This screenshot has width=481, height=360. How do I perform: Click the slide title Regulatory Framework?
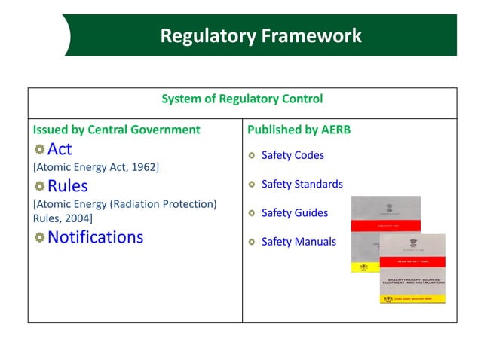click(x=261, y=35)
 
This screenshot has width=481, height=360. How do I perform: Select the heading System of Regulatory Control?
click(x=242, y=99)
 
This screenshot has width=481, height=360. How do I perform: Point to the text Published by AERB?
click(x=299, y=130)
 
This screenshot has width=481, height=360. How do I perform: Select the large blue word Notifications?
click(x=95, y=237)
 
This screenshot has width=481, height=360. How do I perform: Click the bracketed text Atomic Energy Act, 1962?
click(x=95, y=166)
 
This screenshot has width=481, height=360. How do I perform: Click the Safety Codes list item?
click(x=293, y=155)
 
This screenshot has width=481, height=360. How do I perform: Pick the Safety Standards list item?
click(x=302, y=184)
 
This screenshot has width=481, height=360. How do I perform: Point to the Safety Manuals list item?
click(x=299, y=242)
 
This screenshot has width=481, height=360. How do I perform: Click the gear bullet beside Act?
click(x=39, y=148)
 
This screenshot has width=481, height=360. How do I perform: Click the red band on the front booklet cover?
click(x=412, y=261)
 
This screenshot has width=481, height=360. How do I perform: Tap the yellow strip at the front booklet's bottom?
click(x=412, y=299)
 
